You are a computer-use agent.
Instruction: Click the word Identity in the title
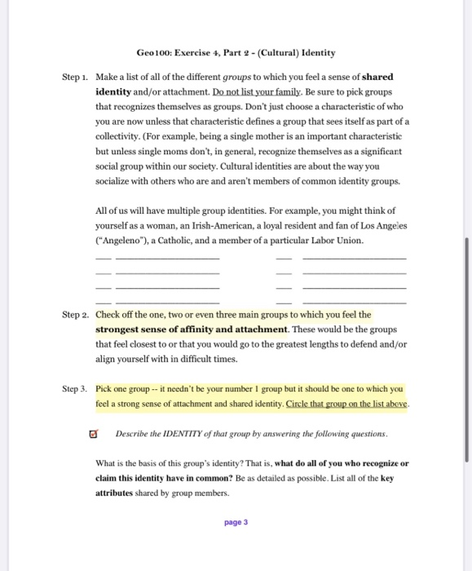point(316,53)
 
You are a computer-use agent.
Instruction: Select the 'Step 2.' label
point(76,315)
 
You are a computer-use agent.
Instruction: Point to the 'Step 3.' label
point(76,389)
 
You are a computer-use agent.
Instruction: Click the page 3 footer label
point(235,522)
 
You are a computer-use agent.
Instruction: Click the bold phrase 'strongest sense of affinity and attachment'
point(192,330)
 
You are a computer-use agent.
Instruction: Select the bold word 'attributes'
point(117,494)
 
